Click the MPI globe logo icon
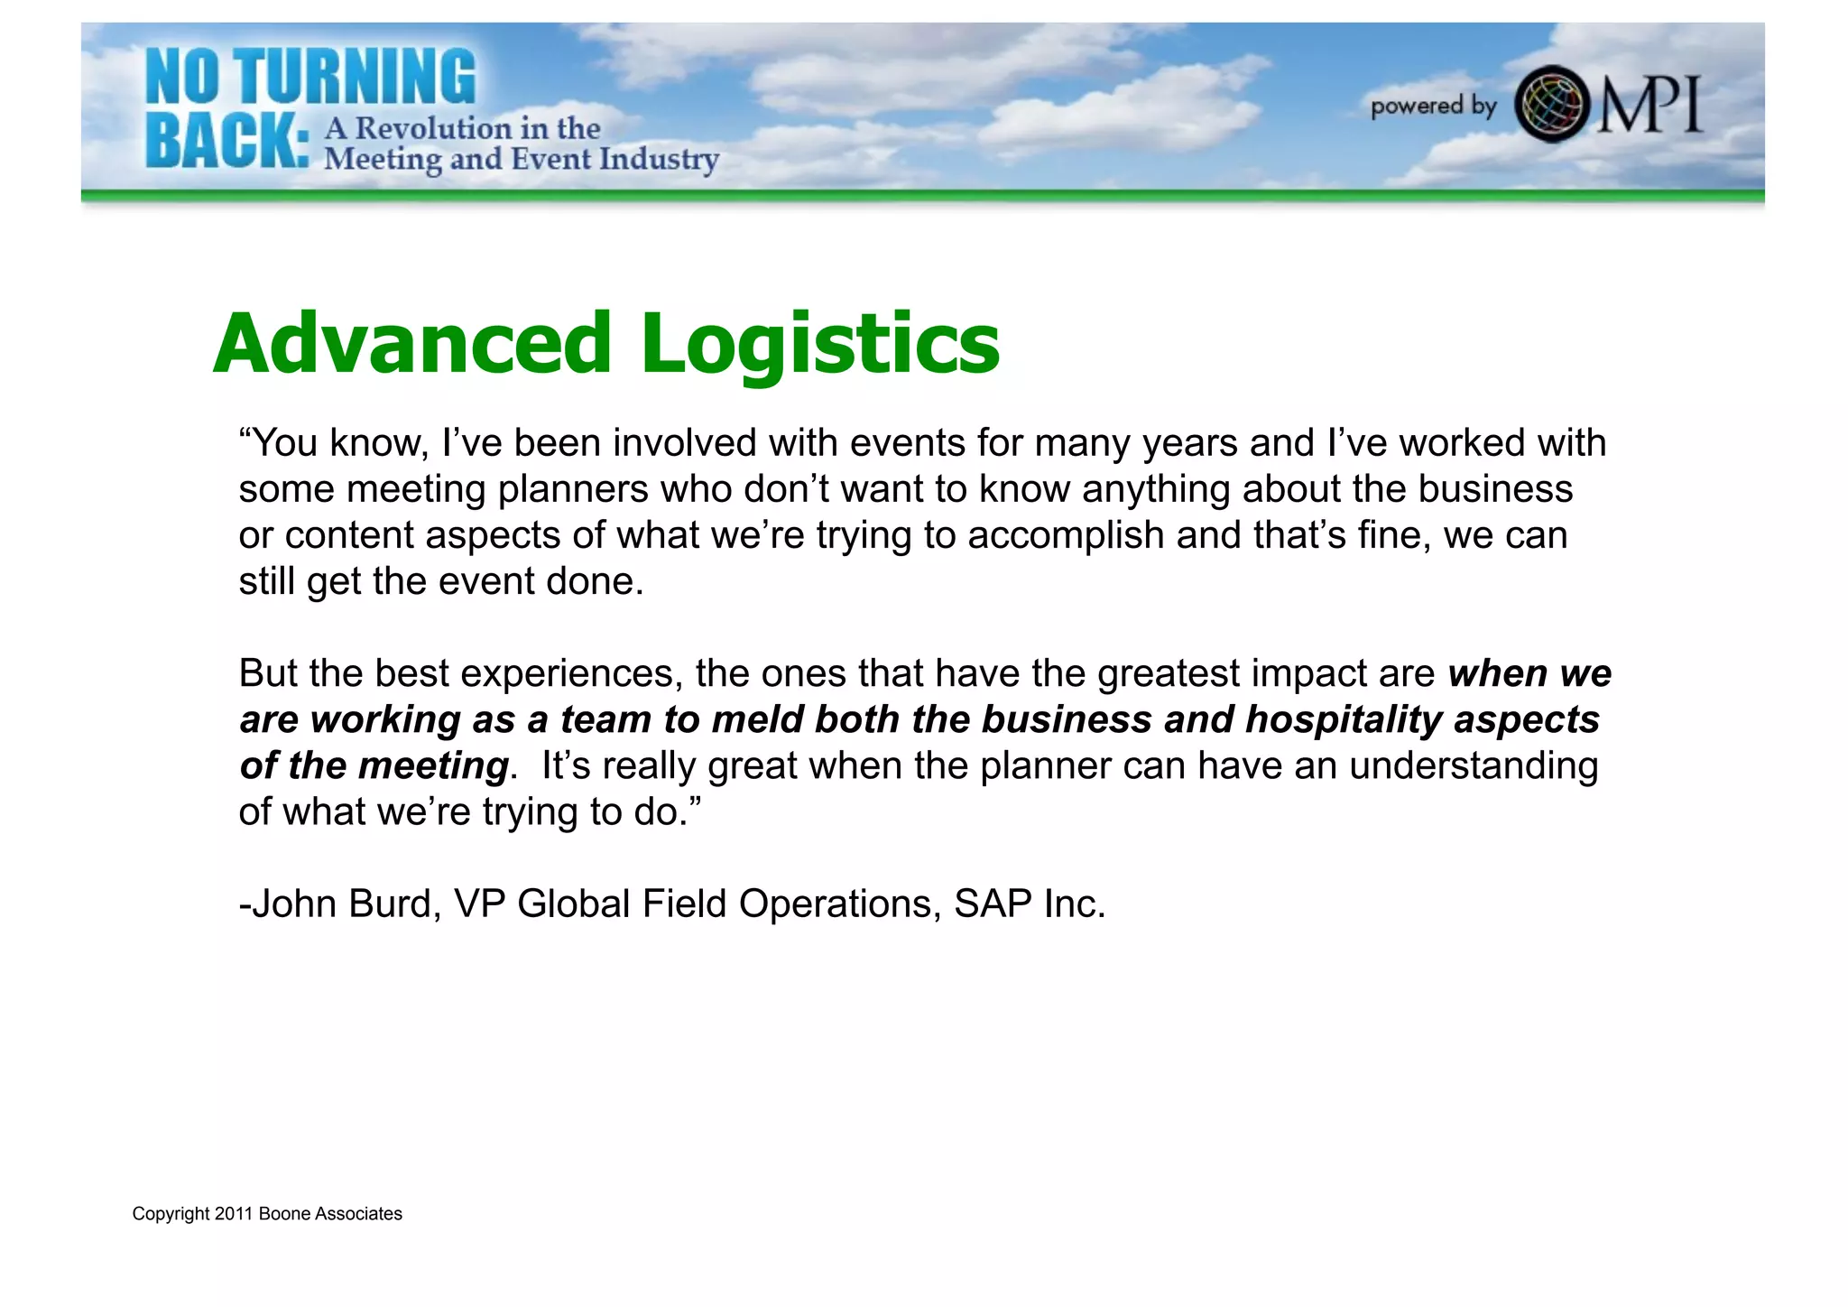pyautogui.click(x=1550, y=105)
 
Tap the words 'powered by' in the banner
pyautogui.click(x=1433, y=107)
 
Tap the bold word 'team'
pyautogui.click(x=605, y=720)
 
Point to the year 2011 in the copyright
pyautogui.click(x=233, y=1214)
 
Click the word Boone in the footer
pyautogui.click(x=285, y=1214)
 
